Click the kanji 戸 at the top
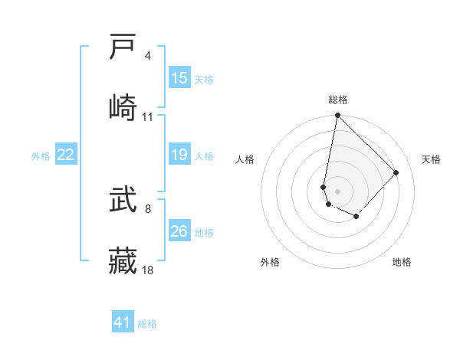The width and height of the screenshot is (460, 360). tap(123, 47)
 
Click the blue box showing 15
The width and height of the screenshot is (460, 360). tap(179, 78)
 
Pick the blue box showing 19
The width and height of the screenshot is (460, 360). tap(179, 155)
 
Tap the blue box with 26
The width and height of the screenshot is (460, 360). tap(179, 231)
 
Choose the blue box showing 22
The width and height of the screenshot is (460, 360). tap(66, 155)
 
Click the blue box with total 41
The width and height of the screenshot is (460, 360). tap(123, 322)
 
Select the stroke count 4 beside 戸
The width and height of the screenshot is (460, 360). tap(148, 56)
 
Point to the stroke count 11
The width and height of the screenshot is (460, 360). tap(148, 117)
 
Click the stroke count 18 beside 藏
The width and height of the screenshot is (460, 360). tap(148, 270)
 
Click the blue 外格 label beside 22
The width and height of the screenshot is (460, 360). tap(41, 156)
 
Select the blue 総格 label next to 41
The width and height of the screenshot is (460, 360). tap(147, 324)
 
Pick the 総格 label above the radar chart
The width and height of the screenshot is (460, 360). tap(338, 100)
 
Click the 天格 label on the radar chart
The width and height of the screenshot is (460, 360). tap(431, 159)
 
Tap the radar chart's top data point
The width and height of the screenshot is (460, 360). tap(337, 116)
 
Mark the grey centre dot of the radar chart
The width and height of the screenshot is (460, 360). tap(337, 191)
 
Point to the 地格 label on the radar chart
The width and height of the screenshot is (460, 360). tap(402, 263)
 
